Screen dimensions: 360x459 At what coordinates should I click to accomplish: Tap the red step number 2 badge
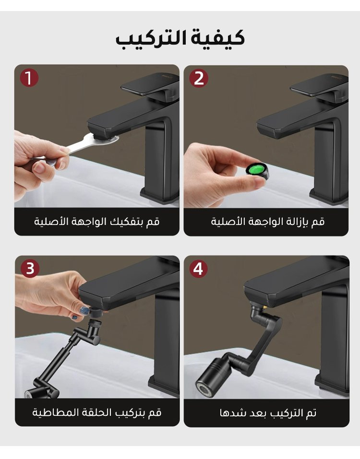tap(199, 78)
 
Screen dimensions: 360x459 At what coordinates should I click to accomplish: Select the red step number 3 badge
tap(30, 268)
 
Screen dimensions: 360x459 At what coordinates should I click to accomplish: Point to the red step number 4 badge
tap(198, 269)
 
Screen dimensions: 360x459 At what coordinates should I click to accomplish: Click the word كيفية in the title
tap(217, 38)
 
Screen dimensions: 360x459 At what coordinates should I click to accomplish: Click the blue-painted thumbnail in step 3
tap(85, 310)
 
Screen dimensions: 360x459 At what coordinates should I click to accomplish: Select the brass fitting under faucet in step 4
tap(265, 307)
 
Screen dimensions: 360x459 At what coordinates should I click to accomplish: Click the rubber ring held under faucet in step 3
tap(95, 313)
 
